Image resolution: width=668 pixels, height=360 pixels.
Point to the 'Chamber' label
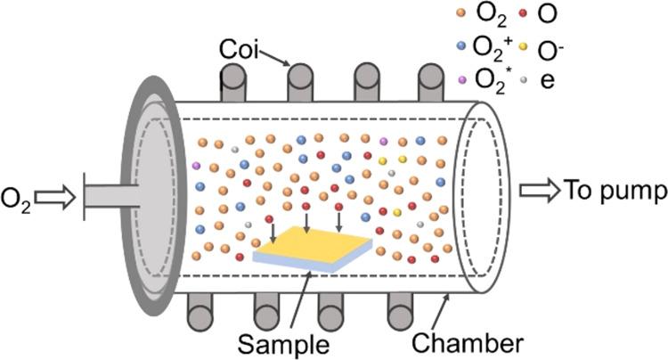[x=467, y=342]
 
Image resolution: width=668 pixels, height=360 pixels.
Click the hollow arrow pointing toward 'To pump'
[x=539, y=189]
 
